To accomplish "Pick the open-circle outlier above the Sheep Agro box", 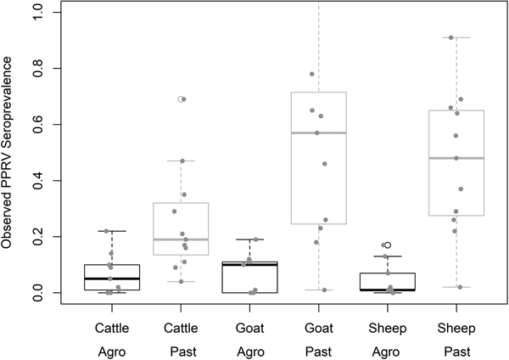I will pos(389,245).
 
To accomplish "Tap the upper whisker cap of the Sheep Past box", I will pos(456,37).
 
